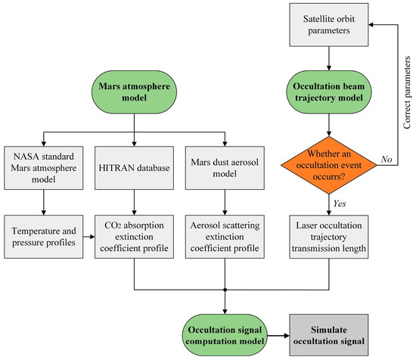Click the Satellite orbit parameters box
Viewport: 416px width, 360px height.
(x=329, y=25)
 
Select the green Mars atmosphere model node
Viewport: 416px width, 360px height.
(x=134, y=92)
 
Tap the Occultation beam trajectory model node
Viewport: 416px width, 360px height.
(x=329, y=92)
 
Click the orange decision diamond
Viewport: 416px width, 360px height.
(x=329, y=165)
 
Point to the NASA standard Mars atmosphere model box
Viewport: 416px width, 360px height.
(x=44, y=168)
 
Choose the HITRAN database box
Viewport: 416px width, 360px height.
(x=134, y=168)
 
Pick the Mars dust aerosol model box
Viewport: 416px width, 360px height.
(x=225, y=168)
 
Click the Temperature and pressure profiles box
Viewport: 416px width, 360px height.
(x=44, y=237)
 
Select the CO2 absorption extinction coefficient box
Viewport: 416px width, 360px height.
(x=134, y=237)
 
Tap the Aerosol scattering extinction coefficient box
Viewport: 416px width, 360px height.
(x=225, y=237)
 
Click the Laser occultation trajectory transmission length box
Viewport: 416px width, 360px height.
(x=329, y=237)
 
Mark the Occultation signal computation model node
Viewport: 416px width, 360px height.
(x=225, y=335)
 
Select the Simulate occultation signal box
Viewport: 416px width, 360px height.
(x=329, y=335)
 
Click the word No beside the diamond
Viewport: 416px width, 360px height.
(x=387, y=159)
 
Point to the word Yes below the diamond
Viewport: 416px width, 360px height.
(x=340, y=203)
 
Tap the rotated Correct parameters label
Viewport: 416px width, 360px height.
(x=407, y=92)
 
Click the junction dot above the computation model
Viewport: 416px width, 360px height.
(x=225, y=290)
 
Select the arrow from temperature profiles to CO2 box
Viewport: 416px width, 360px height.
(x=89, y=237)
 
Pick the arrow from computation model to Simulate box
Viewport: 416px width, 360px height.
(x=278, y=336)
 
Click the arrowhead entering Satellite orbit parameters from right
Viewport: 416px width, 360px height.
(x=371, y=25)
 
